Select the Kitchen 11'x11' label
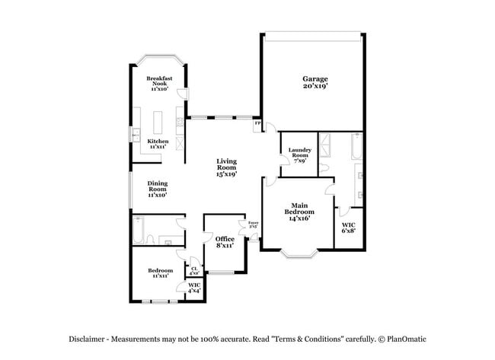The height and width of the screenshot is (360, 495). [x=158, y=143]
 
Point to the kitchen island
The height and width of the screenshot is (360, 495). [x=159, y=122]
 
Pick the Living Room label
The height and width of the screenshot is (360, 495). [x=226, y=167]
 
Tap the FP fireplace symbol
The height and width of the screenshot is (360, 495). [x=257, y=123]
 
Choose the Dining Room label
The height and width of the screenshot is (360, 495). [x=158, y=189]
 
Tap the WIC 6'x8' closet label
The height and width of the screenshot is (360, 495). [x=348, y=228]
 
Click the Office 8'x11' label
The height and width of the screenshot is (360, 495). [x=224, y=242]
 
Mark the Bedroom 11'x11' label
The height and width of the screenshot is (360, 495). [x=161, y=272]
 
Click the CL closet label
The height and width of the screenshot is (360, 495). [x=194, y=269]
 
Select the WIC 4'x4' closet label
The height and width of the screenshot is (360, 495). [x=194, y=288]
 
